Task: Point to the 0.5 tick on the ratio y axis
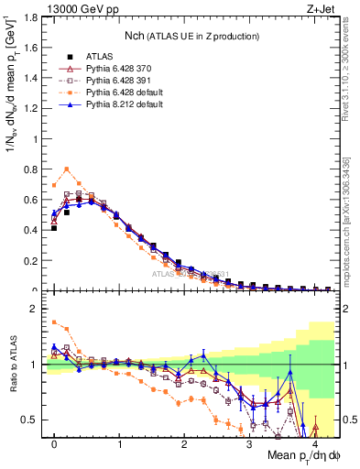[x=30, y=420]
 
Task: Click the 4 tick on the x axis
[x=314, y=444]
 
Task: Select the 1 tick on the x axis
[x=119, y=444]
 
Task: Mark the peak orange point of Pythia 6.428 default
[x=67, y=169]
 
